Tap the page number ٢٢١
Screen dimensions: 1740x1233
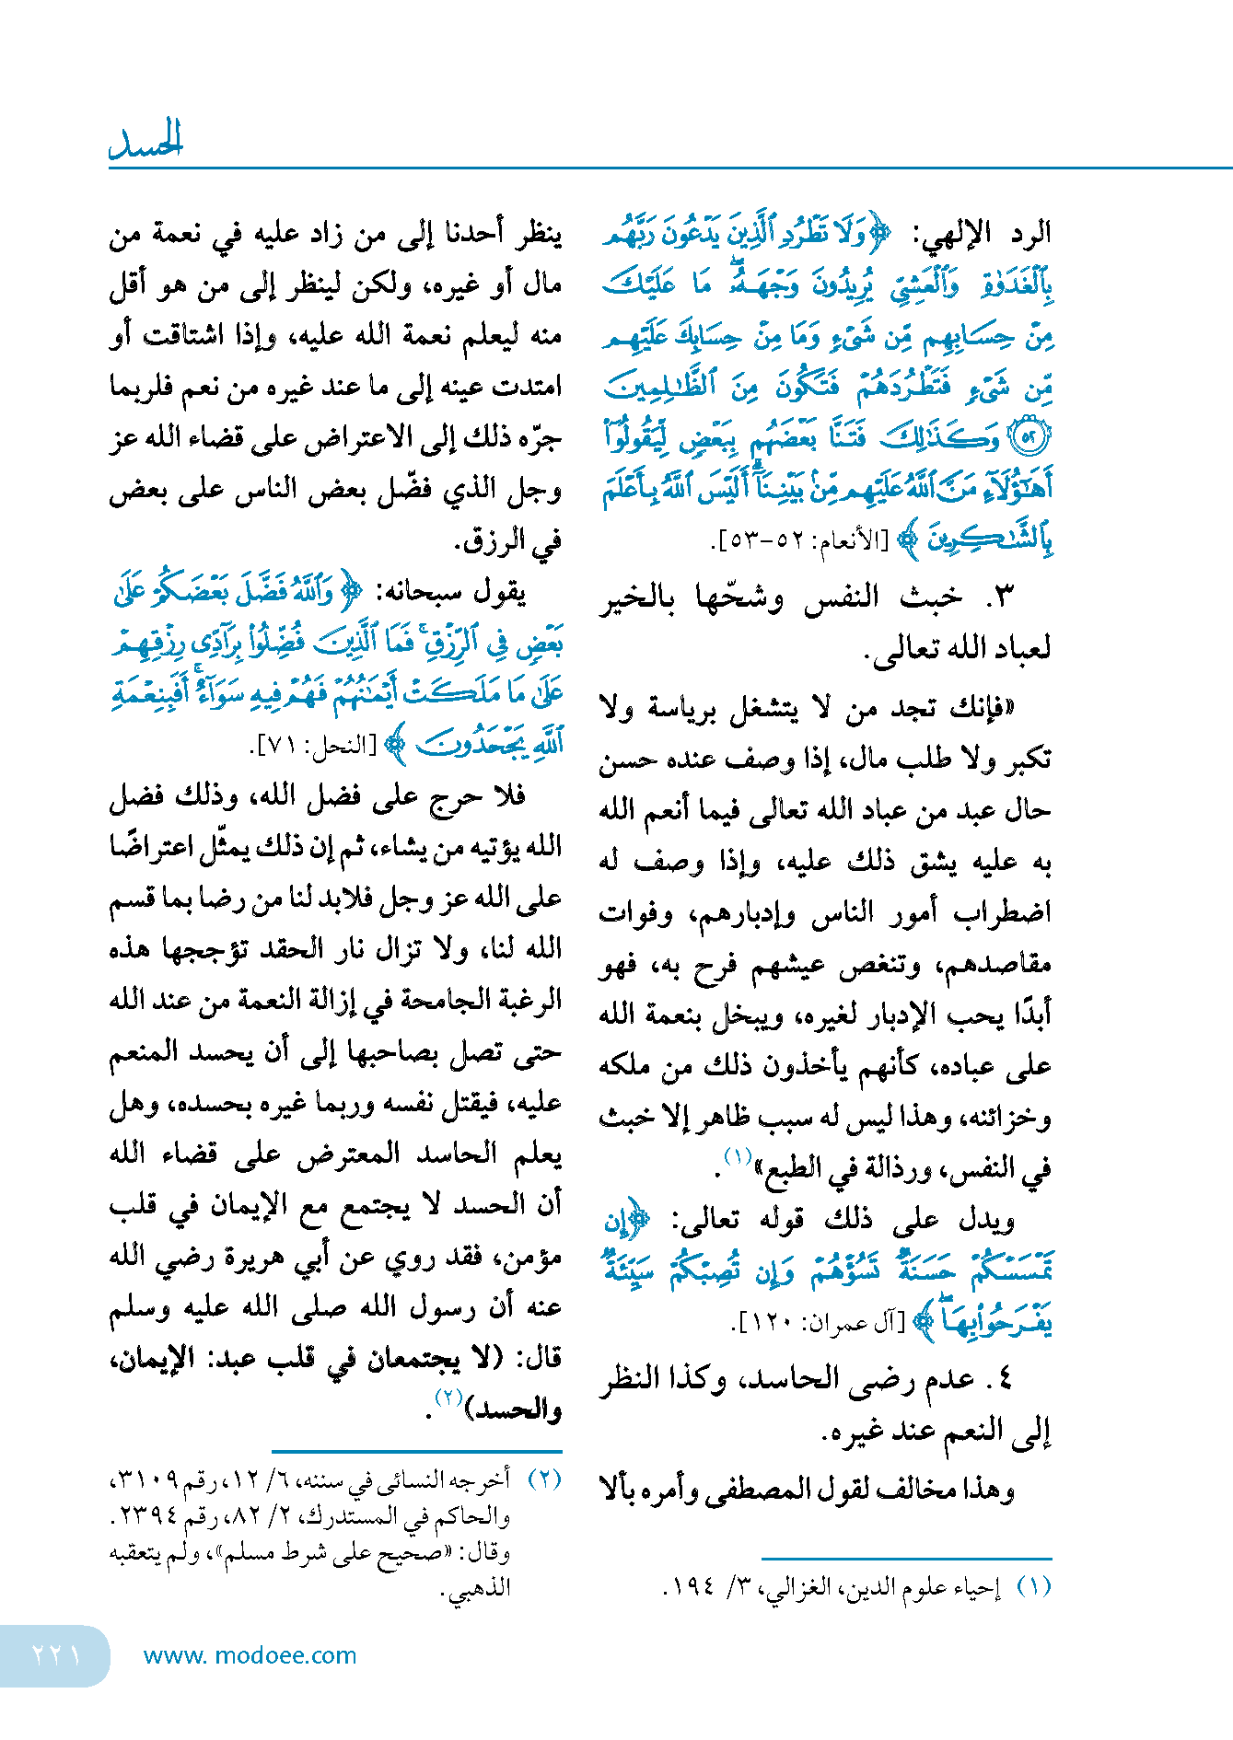(x=56, y=1655)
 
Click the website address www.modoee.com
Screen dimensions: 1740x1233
(x=250, y=1655)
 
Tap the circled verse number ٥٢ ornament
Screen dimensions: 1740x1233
(x=1030, y=438)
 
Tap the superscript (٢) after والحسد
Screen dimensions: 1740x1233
(x=449, y=1398)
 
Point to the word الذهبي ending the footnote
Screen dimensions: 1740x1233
(x=479, y=1588)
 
